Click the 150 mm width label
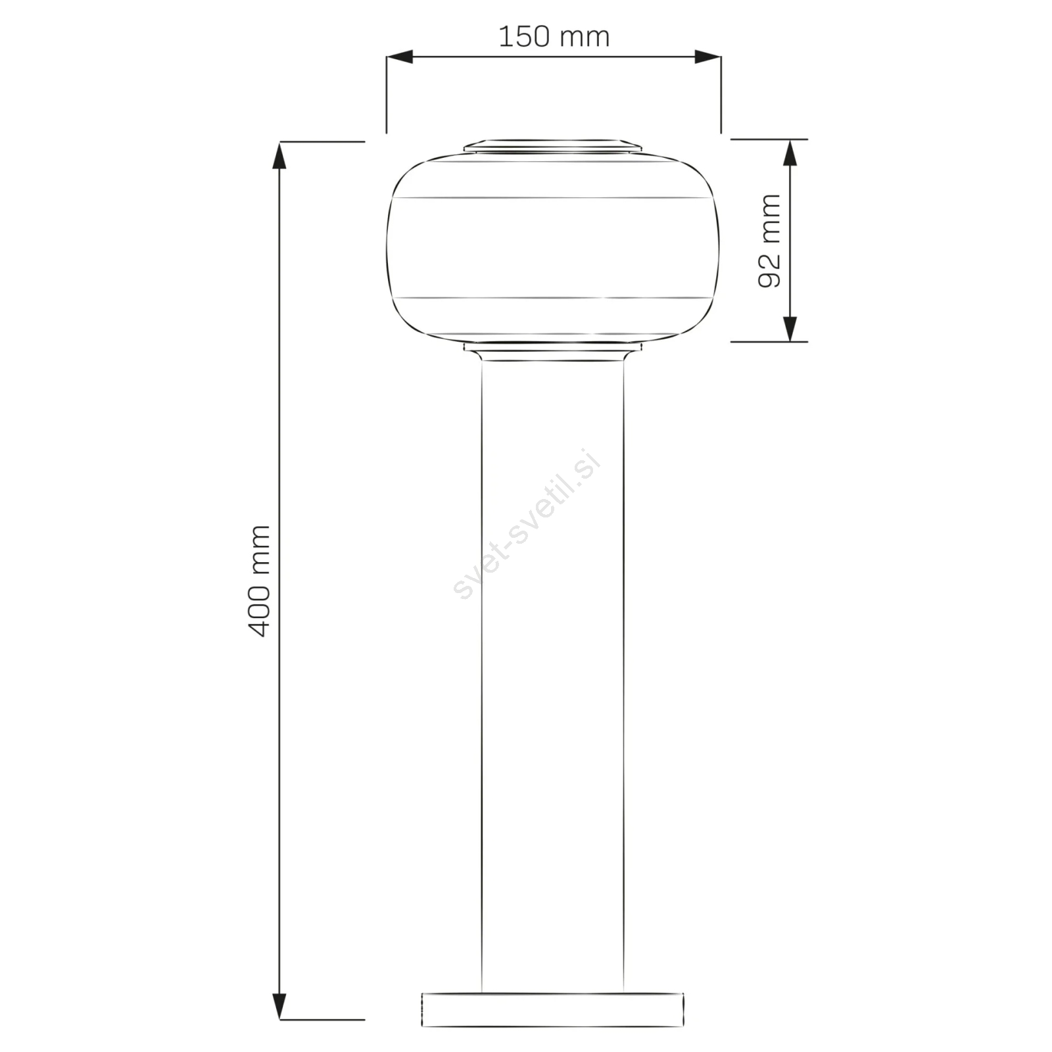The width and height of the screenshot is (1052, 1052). coord(554,37)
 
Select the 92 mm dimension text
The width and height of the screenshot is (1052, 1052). coord(769,241)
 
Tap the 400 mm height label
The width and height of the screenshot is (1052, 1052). coord(260,581)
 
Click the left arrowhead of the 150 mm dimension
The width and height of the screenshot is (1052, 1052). coord(399,57)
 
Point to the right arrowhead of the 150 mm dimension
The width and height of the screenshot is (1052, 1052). coord(707,57)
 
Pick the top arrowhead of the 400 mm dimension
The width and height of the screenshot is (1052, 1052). coord(280,155)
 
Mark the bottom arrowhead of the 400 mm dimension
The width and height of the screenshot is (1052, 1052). coord(280,1006)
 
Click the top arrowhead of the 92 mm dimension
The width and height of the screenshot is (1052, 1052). coord(790,153)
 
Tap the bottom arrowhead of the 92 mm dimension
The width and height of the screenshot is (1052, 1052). coord(790,328)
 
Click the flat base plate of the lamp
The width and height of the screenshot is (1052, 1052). coord(552,1010)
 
